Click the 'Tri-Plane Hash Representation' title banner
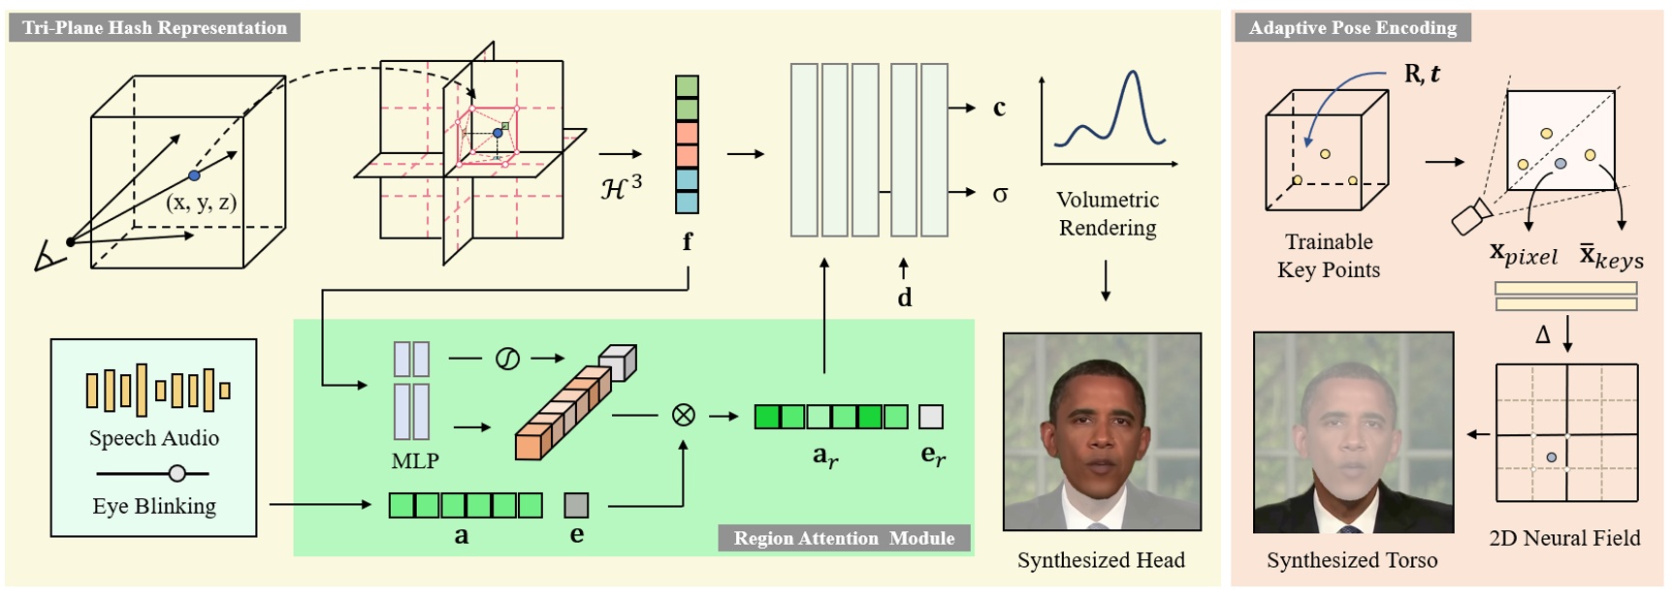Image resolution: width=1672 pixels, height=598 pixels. pos(155,27)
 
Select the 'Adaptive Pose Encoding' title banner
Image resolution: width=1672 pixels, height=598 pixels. pos(1352,27)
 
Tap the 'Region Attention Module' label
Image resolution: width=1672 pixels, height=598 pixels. pos(843,538)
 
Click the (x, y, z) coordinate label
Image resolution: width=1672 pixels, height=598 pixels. pos(201,203)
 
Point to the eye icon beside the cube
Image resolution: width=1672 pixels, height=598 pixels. pos(48,258)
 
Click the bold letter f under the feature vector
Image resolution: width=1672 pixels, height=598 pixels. pos(687,241)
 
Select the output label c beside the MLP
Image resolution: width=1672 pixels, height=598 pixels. pos(999,108)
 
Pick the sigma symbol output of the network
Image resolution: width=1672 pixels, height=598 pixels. pos(1000,194)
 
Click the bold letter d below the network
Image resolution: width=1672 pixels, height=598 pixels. pos(904,298)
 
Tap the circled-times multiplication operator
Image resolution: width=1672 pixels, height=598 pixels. pos(683,416)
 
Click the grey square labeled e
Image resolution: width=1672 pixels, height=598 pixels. pos(576,505)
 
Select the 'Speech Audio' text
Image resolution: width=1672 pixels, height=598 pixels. pos(154,438)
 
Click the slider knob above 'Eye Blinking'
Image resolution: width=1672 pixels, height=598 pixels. pos(177,473)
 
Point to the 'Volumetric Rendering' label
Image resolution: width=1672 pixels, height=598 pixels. pos(1107,213)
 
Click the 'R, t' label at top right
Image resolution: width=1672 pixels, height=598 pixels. pos(1422,74)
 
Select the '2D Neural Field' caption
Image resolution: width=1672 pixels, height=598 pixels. pos(1564,538)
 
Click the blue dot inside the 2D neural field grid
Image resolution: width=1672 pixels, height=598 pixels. pos(1552,457)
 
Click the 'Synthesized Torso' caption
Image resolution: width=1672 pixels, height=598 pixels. pos(1351,560)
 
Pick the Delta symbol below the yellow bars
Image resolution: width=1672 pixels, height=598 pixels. pos(1543,335)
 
